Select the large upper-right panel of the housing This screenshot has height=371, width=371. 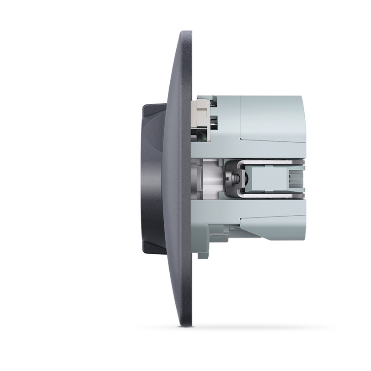point(271,116)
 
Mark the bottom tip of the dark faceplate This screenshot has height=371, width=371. point(185,325)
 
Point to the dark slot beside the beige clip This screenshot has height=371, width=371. point(214,123)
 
